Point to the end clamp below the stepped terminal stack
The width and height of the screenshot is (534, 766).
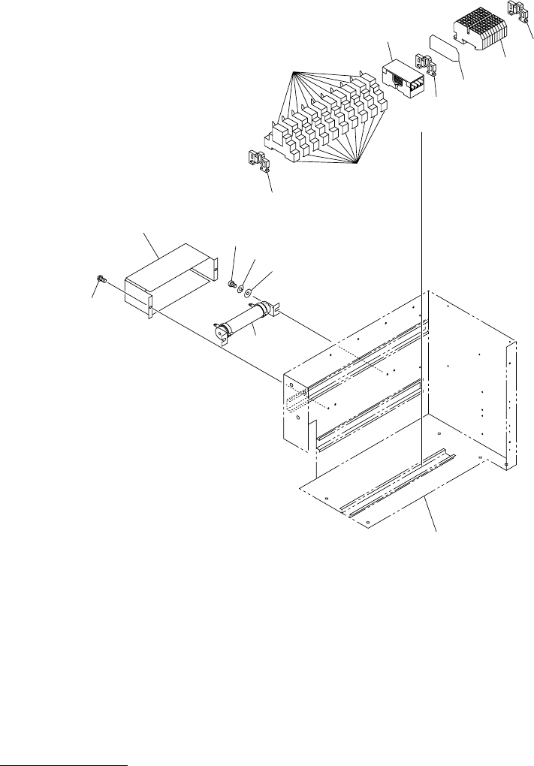tap(258, 161)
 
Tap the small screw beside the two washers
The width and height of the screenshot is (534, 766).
tap(232, 283)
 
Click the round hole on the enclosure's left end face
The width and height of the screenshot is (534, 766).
tap(298, 415)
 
